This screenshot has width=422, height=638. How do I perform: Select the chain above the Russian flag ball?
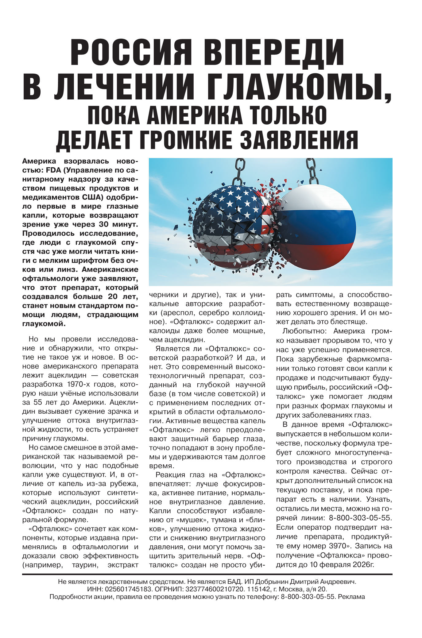tap(312, 171)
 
